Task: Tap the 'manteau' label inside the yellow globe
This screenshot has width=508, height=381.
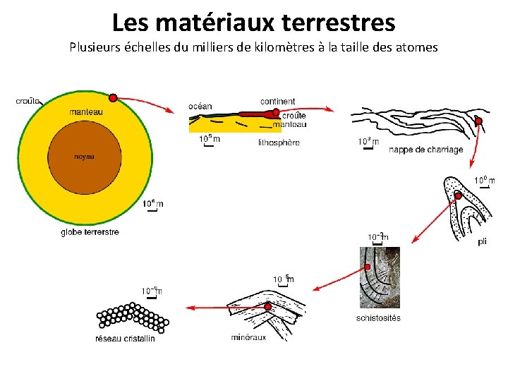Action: click(86, 112)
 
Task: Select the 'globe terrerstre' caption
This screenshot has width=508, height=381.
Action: click(90, 231)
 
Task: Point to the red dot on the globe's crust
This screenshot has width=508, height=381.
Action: click(113, 97)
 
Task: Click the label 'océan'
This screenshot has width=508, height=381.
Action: click(200, 106)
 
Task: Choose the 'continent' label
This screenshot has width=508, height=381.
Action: click(278, 102)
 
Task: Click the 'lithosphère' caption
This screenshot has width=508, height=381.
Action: click(279, 143)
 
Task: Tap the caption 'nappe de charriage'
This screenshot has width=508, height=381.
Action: click(426, 150)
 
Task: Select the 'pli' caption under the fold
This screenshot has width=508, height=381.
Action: click(482, 241)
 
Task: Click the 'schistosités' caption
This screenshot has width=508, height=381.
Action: click(378, 317)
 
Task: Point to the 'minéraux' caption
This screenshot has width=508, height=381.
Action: click(248, 337)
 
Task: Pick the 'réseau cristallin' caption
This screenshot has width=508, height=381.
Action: click(125, 339)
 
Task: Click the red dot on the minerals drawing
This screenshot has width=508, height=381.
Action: click(268, 306)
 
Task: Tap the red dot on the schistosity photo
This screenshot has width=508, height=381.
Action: click(367, 267)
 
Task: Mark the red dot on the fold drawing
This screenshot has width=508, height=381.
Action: click(458, 195)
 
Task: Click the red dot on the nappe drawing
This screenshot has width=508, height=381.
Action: click(478, 122)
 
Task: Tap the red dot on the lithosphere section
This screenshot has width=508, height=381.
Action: click(276, 112)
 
